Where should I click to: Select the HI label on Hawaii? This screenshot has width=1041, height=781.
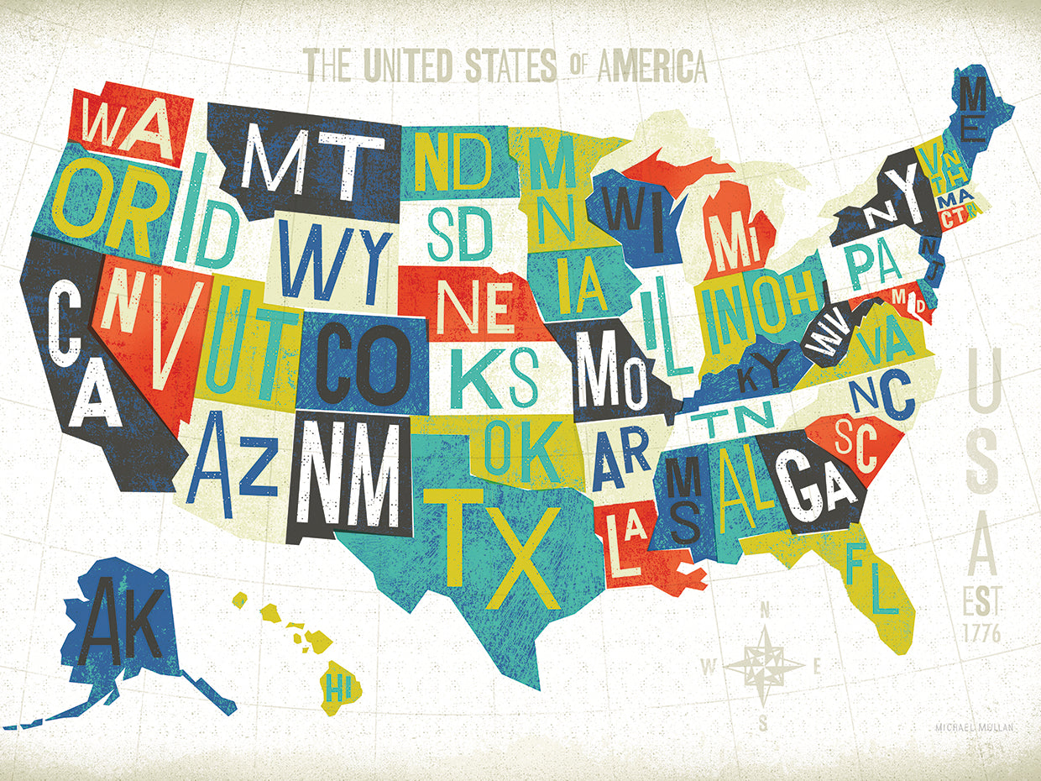point(338,690)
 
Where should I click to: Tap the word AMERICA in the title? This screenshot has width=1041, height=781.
point(651,66)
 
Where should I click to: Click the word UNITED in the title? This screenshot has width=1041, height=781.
point(409,65)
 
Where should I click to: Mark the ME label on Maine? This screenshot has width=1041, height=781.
point(974,122)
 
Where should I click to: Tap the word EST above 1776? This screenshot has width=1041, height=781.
point(981,602)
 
